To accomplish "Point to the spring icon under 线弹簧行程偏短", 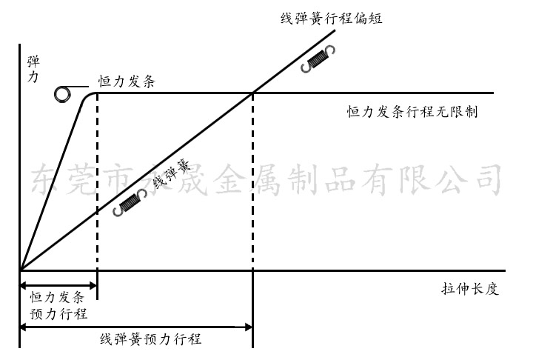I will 319,60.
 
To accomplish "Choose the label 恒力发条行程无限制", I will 412,113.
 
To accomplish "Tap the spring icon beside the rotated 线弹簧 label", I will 130,203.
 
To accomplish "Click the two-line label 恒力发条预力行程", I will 58,304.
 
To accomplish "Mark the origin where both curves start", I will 20,269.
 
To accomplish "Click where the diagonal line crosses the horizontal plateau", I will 253,93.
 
